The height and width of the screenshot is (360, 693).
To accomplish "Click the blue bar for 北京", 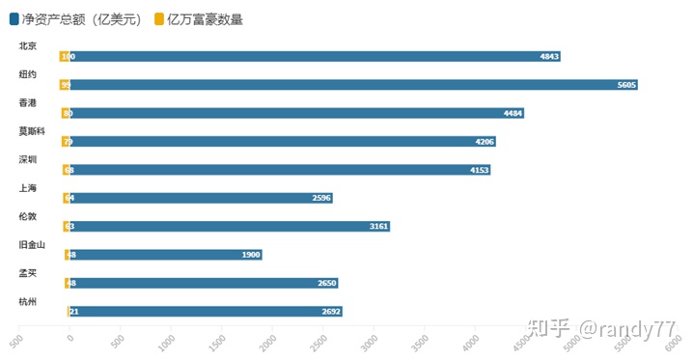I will (x=315, y=56).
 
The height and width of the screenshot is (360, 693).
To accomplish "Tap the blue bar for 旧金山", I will (x=165, y=255).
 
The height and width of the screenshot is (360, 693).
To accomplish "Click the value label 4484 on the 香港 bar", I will (x=513, y=113).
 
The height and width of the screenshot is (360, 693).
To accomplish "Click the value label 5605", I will (x=626, y=85).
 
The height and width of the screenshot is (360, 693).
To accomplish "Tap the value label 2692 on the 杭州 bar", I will (x=331, y=312).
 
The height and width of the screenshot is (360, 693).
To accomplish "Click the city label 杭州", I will (x=28, y=301).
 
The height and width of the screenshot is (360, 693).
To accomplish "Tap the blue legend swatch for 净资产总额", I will (x=14, y=19).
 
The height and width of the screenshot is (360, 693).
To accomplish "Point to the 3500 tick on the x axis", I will (x=420, y=340).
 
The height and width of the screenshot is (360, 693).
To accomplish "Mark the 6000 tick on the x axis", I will (x=674, y=340).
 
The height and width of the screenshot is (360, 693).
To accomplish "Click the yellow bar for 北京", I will (x=64, y=56).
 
